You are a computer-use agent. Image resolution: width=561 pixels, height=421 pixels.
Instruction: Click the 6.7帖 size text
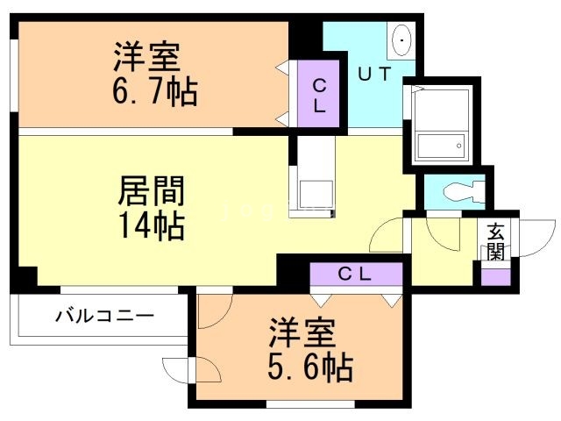(153, 90)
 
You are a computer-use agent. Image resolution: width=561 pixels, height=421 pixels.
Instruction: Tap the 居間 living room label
(151, 189)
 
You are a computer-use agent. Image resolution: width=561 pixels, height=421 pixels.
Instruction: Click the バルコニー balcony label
(105, 313)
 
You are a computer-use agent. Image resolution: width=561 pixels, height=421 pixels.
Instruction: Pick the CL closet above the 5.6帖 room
(356, 273)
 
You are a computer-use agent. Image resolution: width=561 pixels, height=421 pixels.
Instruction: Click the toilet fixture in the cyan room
(459, 190)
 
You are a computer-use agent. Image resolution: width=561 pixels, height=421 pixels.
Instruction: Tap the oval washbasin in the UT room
(403, 39)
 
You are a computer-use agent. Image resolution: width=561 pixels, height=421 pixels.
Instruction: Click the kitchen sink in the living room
(311, 191)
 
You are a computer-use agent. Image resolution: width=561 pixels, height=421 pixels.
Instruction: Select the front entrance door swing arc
(529, 239)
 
